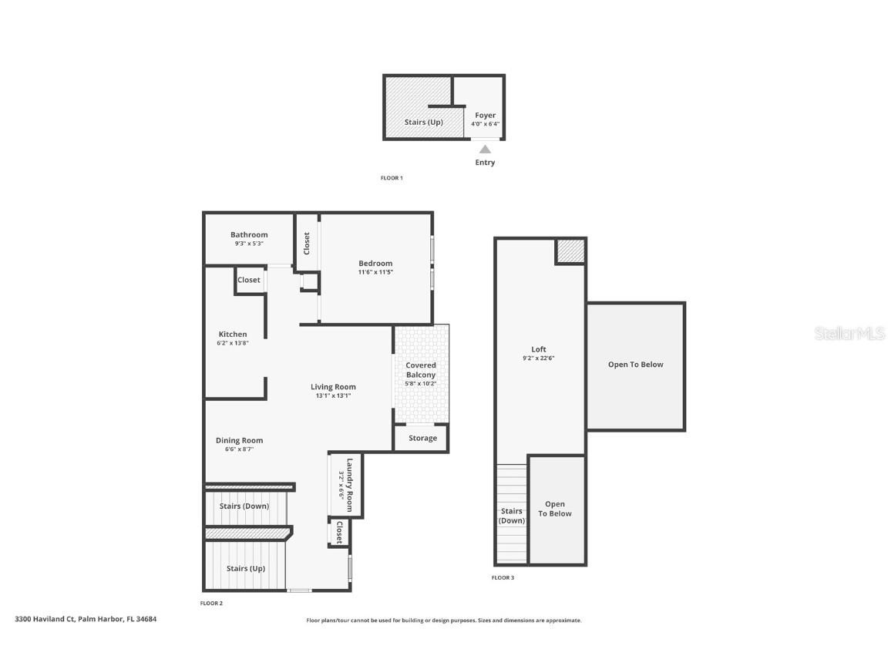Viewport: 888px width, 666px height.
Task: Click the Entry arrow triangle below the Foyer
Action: tap(485, 150)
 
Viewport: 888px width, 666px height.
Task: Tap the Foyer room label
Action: tap(485, 116)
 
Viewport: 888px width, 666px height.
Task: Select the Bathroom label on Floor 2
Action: tap(249, 235)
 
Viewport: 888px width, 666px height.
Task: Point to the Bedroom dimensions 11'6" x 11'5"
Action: tap(375, 272)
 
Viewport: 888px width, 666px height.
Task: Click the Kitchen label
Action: tap(233, 335)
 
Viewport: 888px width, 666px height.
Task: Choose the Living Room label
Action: tap(333, 387)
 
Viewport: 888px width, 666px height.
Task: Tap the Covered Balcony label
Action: tap(421, 370)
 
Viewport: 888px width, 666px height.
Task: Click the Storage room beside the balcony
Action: tap(422, 438)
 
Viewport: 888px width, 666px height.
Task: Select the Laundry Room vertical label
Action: tap(349, 485)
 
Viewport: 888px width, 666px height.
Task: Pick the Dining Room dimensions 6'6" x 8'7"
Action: tap(239, 449)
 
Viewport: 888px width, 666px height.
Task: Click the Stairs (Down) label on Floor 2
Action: tap(244, 506)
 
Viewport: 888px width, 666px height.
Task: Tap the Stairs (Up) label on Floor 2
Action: tap(245, 569)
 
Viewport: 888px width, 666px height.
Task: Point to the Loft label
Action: tap(539, 349)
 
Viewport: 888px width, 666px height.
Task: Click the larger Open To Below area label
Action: tap(635, 365)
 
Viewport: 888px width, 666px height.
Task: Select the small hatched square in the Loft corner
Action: tap(570, 251)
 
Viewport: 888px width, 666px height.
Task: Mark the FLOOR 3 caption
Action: tap(503, 577)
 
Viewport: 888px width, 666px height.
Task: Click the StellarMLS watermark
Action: tap(849, 334)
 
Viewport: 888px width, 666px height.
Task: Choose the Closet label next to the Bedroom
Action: tap(307, 244)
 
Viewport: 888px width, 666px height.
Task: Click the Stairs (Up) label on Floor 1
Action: tap(423, 123)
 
